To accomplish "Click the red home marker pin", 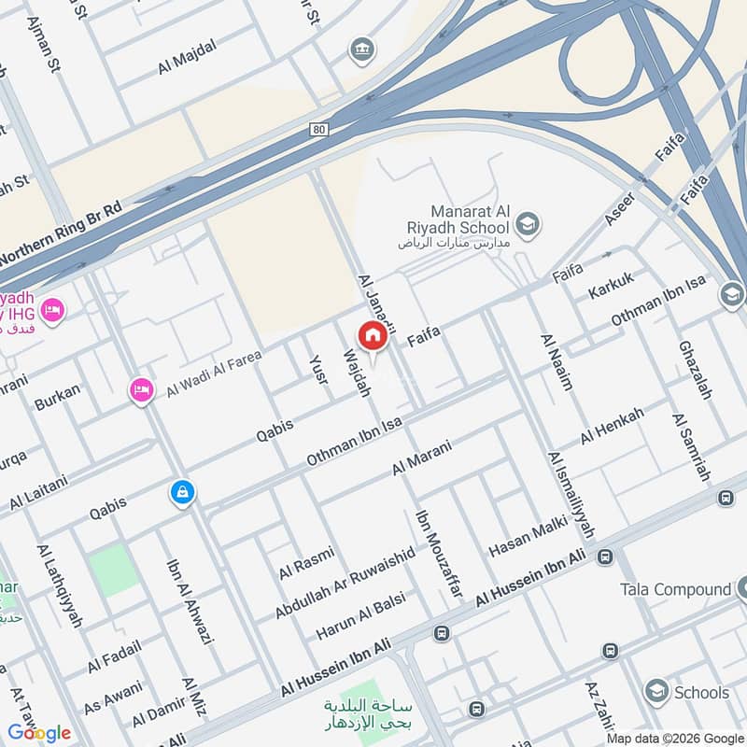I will coord(372,335).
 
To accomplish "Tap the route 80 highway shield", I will coord(319,130).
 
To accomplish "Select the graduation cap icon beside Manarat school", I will coord(528,224).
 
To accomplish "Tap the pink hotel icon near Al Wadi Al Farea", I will coord(142,389).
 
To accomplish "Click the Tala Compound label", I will coord(675,589).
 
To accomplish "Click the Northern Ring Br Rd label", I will coord(61,234).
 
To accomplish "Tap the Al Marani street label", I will coord(422,457).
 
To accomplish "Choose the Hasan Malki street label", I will coord(522,542).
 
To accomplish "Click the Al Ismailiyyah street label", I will coord(571,494).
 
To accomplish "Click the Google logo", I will coord(38,732).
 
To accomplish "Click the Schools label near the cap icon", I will coord(701,692).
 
